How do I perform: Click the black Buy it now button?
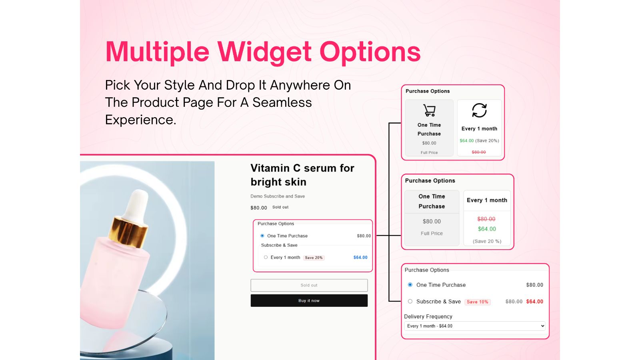[x=309, y=300]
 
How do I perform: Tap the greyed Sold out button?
[x=309, y=285]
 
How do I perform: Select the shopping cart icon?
[x=429, y=110]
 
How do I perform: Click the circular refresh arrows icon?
[x=479, y=110]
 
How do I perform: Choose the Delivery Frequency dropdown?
[x=474, y=326]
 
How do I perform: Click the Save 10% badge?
[x=478, y=302]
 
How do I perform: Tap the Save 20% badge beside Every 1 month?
[x=314, y=258]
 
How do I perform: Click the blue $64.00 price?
[x=360, y=258]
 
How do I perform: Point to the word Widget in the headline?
[x=264, y=52]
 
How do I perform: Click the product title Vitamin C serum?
[x=302, y=175]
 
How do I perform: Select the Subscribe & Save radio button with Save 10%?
[x=410, y=301]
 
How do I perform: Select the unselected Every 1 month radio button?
[x=266, y=257]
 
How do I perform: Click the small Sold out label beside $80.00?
[x=280, y=207]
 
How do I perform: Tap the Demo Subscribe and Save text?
[x=278, y=196]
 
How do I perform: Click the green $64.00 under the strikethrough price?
[x=487, y=229]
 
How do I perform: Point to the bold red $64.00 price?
[x=534, y=302]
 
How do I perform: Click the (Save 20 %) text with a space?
[x=487, y=241]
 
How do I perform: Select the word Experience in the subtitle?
[x=140, y=120]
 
